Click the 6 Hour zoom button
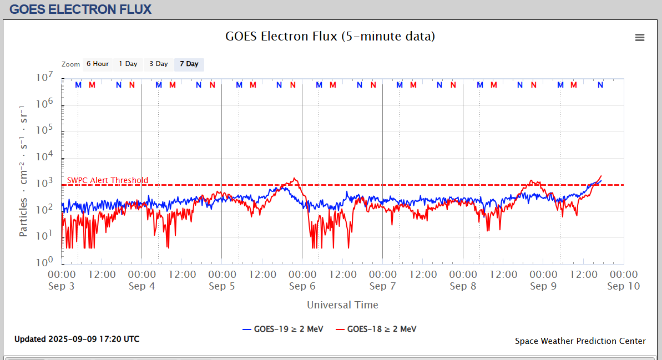click(x=98, y=64)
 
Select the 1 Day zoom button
click(x=128, y=64)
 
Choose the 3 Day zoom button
click(x=158, y=64)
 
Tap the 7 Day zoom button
click(x=189, y=64)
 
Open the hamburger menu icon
click(x=640, y=37)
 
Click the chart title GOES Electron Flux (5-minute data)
click(x=330, y=37)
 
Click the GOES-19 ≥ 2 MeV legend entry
click(x=283, y=329)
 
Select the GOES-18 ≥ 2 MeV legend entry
click(x=376, y=329)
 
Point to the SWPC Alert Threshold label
click(x=108, y=180)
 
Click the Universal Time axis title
click(x=342, y=305)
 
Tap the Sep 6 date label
click(x=302, y=286)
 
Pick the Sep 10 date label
click(x=624, y=286)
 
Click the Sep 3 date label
click(x=62, y=286)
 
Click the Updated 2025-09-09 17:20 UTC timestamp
click(x=77, y=339)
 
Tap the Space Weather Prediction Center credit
click(x=580, y=341)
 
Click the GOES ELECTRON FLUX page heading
click(x=80, y=9)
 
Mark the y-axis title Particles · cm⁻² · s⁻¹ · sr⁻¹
click(x=23, y=170)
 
